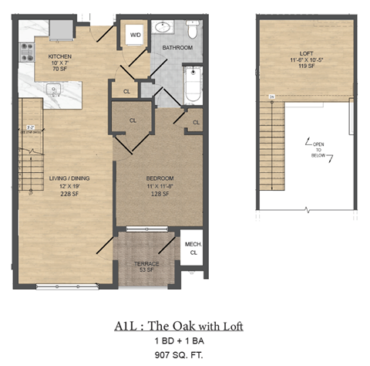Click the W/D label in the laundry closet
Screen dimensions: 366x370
tap(136, 35)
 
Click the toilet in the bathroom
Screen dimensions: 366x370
tap(193, 29)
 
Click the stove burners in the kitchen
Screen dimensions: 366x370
tap(26, 52)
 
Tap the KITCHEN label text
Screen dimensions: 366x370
tap(60, 57)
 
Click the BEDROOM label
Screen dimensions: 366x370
tap(160, 178)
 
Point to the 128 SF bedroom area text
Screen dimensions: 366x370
tap(160, 195)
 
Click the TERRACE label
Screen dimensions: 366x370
tap(144, 264)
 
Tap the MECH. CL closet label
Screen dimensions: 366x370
tap(192, 248)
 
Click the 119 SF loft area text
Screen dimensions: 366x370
tap(307, 67)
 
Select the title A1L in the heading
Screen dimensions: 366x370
tap(138, 326)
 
